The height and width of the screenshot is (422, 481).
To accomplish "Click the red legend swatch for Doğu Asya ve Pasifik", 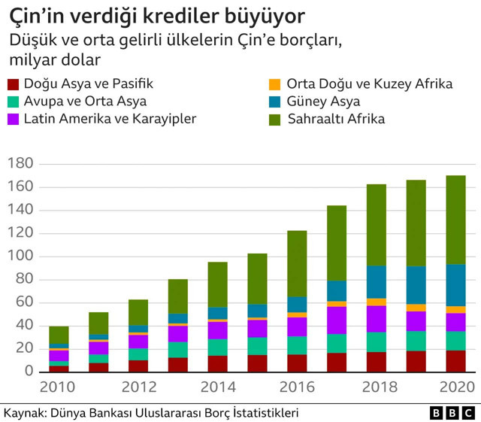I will pos(12,85).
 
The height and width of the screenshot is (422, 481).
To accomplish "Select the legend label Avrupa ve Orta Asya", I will pos(85,102).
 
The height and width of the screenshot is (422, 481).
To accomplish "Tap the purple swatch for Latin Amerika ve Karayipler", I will pos(12,118).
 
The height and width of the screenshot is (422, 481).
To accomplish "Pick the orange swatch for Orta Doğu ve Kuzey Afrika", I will pos(274,85).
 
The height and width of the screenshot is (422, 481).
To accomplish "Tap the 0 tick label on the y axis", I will pos(29,372).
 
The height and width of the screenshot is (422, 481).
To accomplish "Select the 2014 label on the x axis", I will pos(218,387).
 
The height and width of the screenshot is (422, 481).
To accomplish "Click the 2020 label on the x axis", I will pos(455,387).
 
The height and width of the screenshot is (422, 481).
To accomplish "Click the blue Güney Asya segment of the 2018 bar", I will pos(377,282).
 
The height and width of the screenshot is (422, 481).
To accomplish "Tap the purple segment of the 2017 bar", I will pos(337,320).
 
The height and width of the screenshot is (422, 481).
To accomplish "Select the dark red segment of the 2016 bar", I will pos(297,363).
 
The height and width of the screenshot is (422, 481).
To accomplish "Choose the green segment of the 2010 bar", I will pos(59,335).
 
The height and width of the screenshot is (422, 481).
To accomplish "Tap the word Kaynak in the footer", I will pos(20,413).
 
